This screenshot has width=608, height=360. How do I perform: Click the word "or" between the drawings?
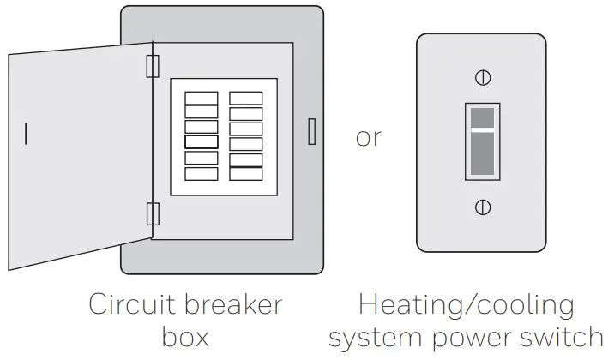click(x=368, y=137)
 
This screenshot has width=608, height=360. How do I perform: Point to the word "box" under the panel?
click(x=184, y=337)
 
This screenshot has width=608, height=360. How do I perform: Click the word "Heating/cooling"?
click(x=467, y=305)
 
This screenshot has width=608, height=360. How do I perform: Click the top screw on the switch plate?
click(x=483, y=78)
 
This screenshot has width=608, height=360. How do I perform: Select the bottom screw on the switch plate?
click(x=483, y=207)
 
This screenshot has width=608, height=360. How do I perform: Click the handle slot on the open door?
click(x=27, y=135)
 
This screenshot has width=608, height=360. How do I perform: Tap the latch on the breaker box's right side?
click(x=311, y=131)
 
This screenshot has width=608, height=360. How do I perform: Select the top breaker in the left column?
click(x=202, y=98)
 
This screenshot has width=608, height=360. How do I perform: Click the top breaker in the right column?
click(x=246, y=98)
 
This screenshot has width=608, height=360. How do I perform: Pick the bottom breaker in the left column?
click(x=202, y=174)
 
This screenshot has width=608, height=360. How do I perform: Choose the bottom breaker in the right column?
click(x=246, y=174)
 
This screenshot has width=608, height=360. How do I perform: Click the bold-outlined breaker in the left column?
click(x=202, y=142)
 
